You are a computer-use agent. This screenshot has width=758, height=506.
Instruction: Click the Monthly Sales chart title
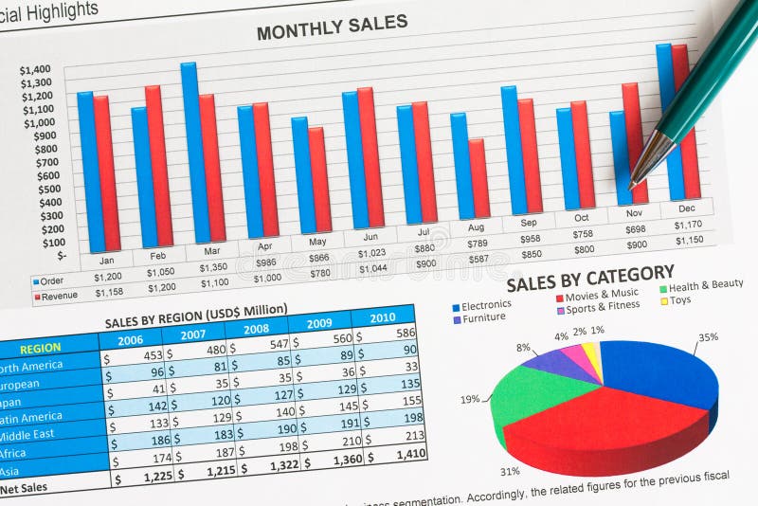(332, 27)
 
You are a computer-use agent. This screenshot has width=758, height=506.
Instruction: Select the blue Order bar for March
(189, 152)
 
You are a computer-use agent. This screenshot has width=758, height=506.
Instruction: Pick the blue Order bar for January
(87, 171)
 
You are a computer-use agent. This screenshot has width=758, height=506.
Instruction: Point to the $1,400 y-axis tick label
(35, 69)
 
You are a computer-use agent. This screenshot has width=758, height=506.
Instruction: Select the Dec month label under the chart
(686, 208)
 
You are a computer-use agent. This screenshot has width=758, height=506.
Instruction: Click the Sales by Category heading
(589, 279)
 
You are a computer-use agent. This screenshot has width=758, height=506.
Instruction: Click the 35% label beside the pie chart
(708, 336)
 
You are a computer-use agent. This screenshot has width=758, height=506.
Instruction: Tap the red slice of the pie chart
(606, 426)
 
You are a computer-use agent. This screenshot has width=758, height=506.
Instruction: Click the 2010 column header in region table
(383, 317)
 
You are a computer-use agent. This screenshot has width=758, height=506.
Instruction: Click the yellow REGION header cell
(40, 348)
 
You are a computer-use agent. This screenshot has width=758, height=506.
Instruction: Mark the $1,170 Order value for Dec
(688, 225)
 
